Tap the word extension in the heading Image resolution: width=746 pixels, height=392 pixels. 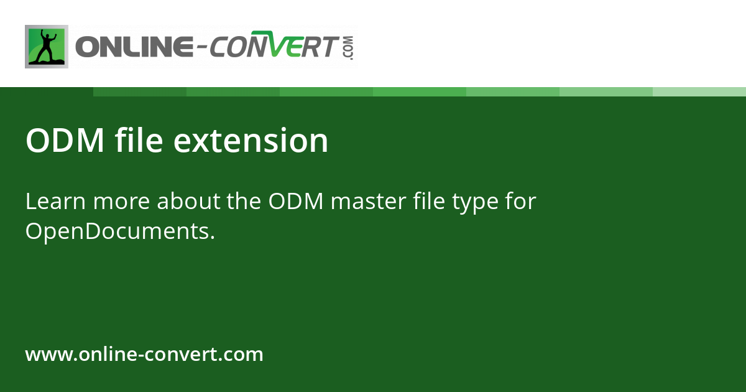(251, 141)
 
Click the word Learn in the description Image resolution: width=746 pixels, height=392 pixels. (55, 202)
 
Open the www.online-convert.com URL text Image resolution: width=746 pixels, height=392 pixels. (144, 355)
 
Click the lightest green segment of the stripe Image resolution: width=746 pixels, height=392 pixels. (699, 91)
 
